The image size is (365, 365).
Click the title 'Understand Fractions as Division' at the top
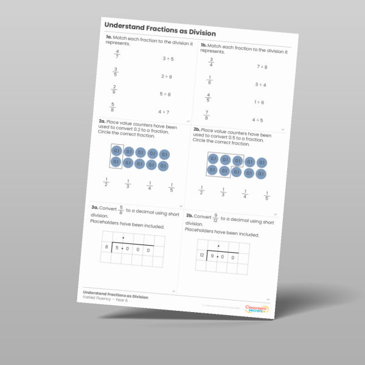(160, 33)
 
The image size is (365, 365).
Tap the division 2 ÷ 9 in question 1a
(166, 77)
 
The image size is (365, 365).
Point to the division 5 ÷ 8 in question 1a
(165, 94)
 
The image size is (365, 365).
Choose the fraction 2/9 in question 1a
(114, 89)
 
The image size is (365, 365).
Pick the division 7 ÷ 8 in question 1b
(262, 67)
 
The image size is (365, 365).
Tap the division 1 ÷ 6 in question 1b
(259, 102)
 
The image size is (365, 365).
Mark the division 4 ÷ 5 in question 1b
(258, 120)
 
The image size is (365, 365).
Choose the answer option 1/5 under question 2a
(171, 187)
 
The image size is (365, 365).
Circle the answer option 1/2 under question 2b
(201, 191)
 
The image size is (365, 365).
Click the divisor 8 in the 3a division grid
(106, 247)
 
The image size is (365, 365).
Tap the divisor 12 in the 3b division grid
(201, 255)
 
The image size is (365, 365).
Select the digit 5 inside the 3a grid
(117, 248)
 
